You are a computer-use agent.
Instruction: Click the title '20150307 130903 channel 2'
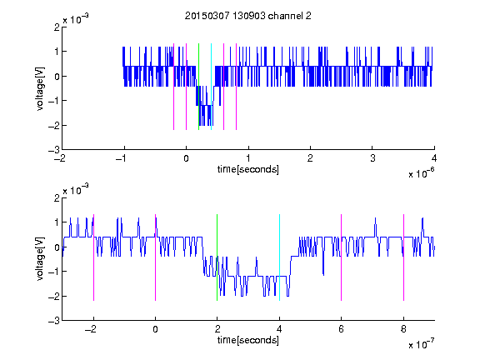pyautogui.click(x=248, y=16)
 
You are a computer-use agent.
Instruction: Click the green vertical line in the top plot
pyautogui.click(x=198, y=87)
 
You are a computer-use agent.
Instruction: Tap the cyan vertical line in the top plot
pyautogui.click(x=211, y=87)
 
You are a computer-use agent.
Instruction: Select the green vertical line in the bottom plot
pyautogui.click(x=217, y=257)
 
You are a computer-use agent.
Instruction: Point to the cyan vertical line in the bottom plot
pyautogui.click(x=279, y=257)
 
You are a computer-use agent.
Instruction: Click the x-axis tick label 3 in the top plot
pyautogui.click(x=372, y=158)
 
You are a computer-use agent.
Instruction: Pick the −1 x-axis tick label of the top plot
pyautogui.click(x=122, y=158)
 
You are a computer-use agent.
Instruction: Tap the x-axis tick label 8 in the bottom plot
pyautogui.click(x=403, y=329)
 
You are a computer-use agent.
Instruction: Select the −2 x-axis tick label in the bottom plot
pyautogui.click(x=91, y=329)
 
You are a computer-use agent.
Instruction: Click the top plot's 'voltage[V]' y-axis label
pyautogui.click(x=40, y=89)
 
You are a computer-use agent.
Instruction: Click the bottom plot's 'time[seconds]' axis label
pyautogui.click(x=248, y=340)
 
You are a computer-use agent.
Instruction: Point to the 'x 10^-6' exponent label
pyautogui.click(x=422, y=172)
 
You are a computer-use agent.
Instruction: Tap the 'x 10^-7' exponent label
pyautogui.click(x=422, y=344)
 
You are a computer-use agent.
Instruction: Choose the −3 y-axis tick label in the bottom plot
pyautogui.click(x=54, y=321)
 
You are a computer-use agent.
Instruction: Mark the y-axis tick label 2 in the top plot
pyautogui.click(x=57, y=27)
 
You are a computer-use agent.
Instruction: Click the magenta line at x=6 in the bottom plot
pyautogui.click(x=342, y=257)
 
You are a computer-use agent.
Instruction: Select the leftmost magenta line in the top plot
pyautogui.click(x=174, y=87)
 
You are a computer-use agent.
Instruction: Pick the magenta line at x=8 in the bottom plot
pyautogui.click(x=404, y=257)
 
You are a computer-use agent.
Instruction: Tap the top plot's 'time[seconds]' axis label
pyautogui.click(x=248, y=169)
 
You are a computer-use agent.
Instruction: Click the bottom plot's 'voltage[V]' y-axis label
pyautogui.click(x=40, y=259)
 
